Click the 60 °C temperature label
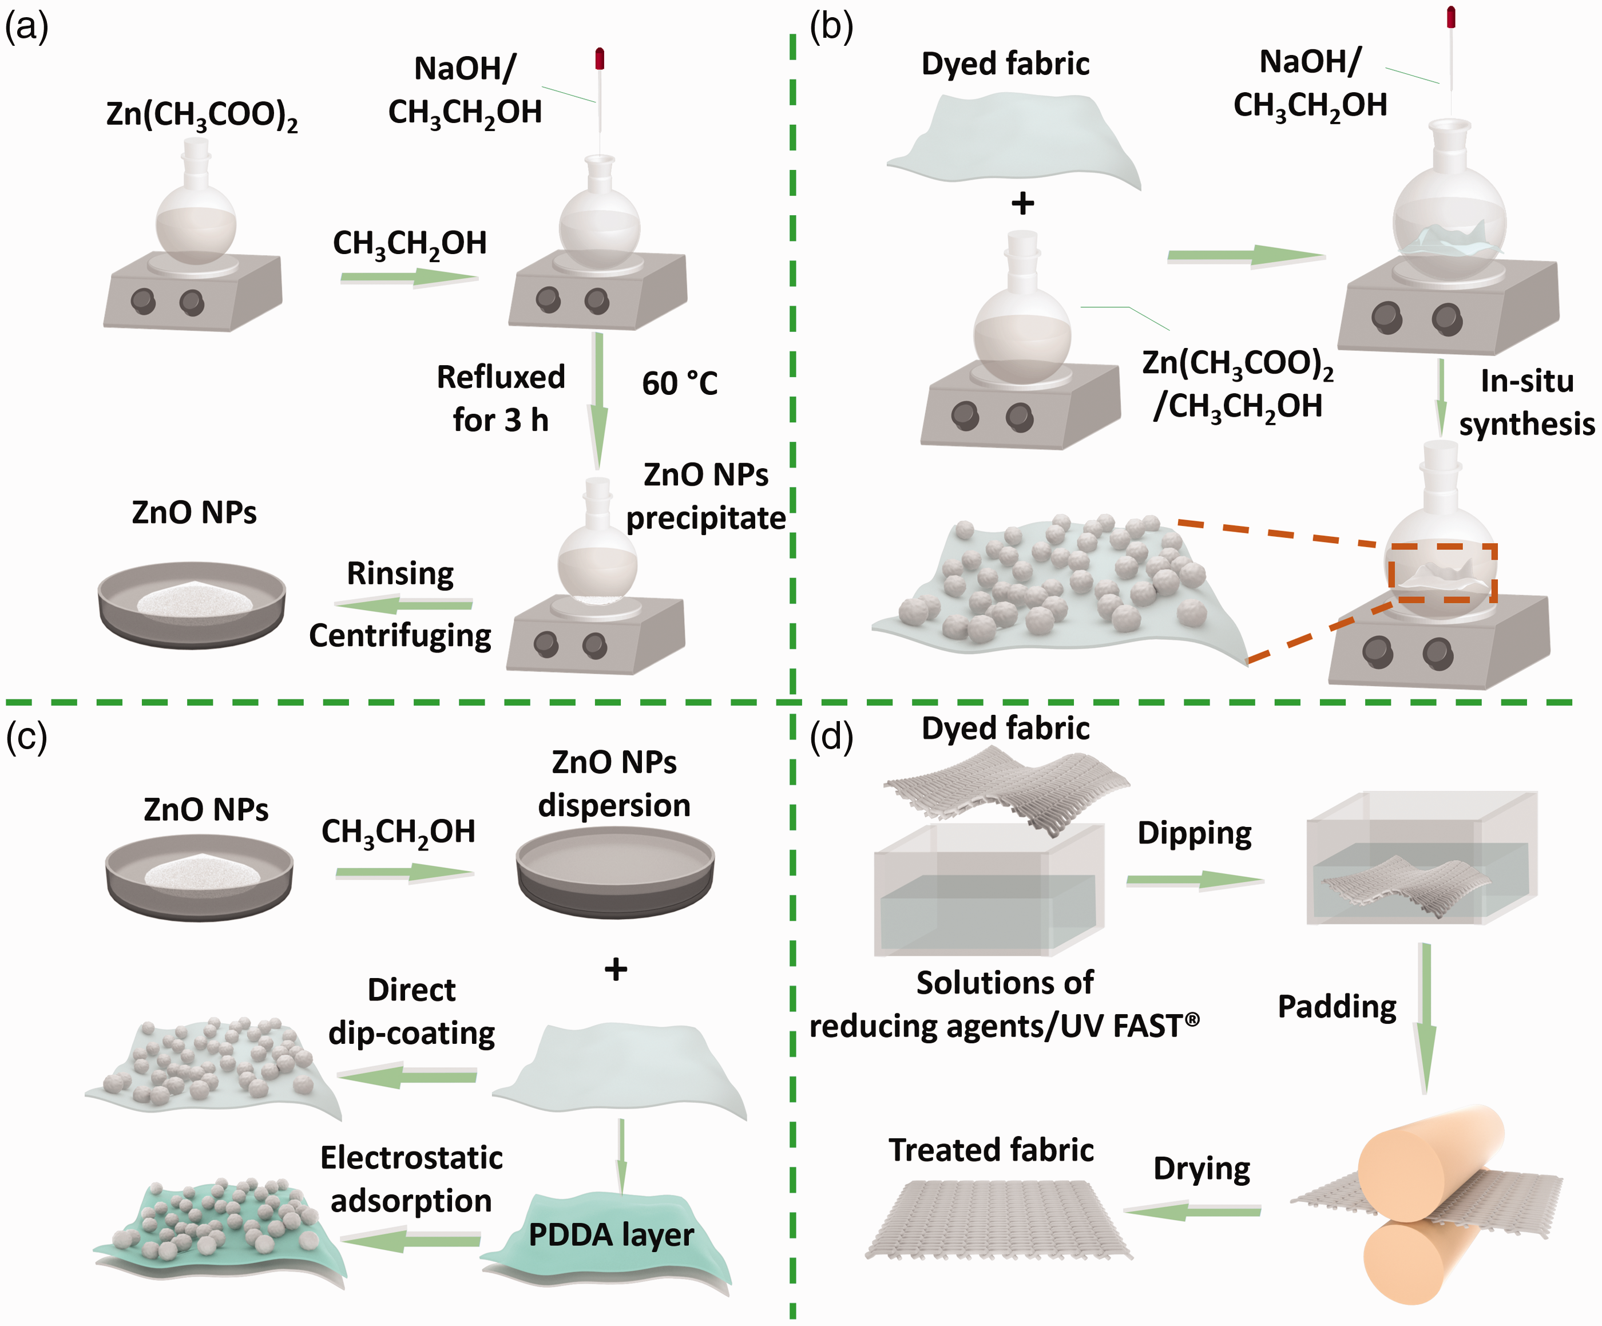point(680,383)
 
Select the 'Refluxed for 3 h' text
point(501,398)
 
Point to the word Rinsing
point(400,573)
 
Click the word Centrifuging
point(400,636)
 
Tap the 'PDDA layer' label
point(611,1234)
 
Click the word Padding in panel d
point(1337,1007)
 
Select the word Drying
point(1202,1169)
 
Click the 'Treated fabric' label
point(991,1150)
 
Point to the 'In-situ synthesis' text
point(1526,402)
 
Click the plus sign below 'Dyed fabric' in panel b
point(1022,203)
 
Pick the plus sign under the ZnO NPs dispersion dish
point(616,969)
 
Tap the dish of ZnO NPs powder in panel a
point(192,604)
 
